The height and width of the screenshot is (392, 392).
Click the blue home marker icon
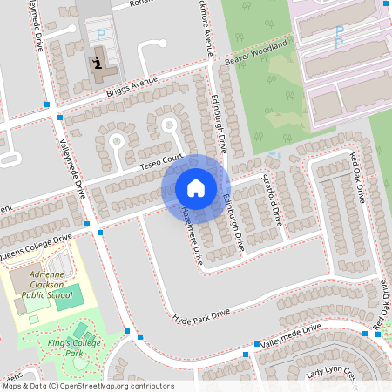[x=196, y=188]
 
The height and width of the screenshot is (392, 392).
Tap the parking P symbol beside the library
[x=101, y=35]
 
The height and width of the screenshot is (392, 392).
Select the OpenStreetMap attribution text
[x=87, y=386]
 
